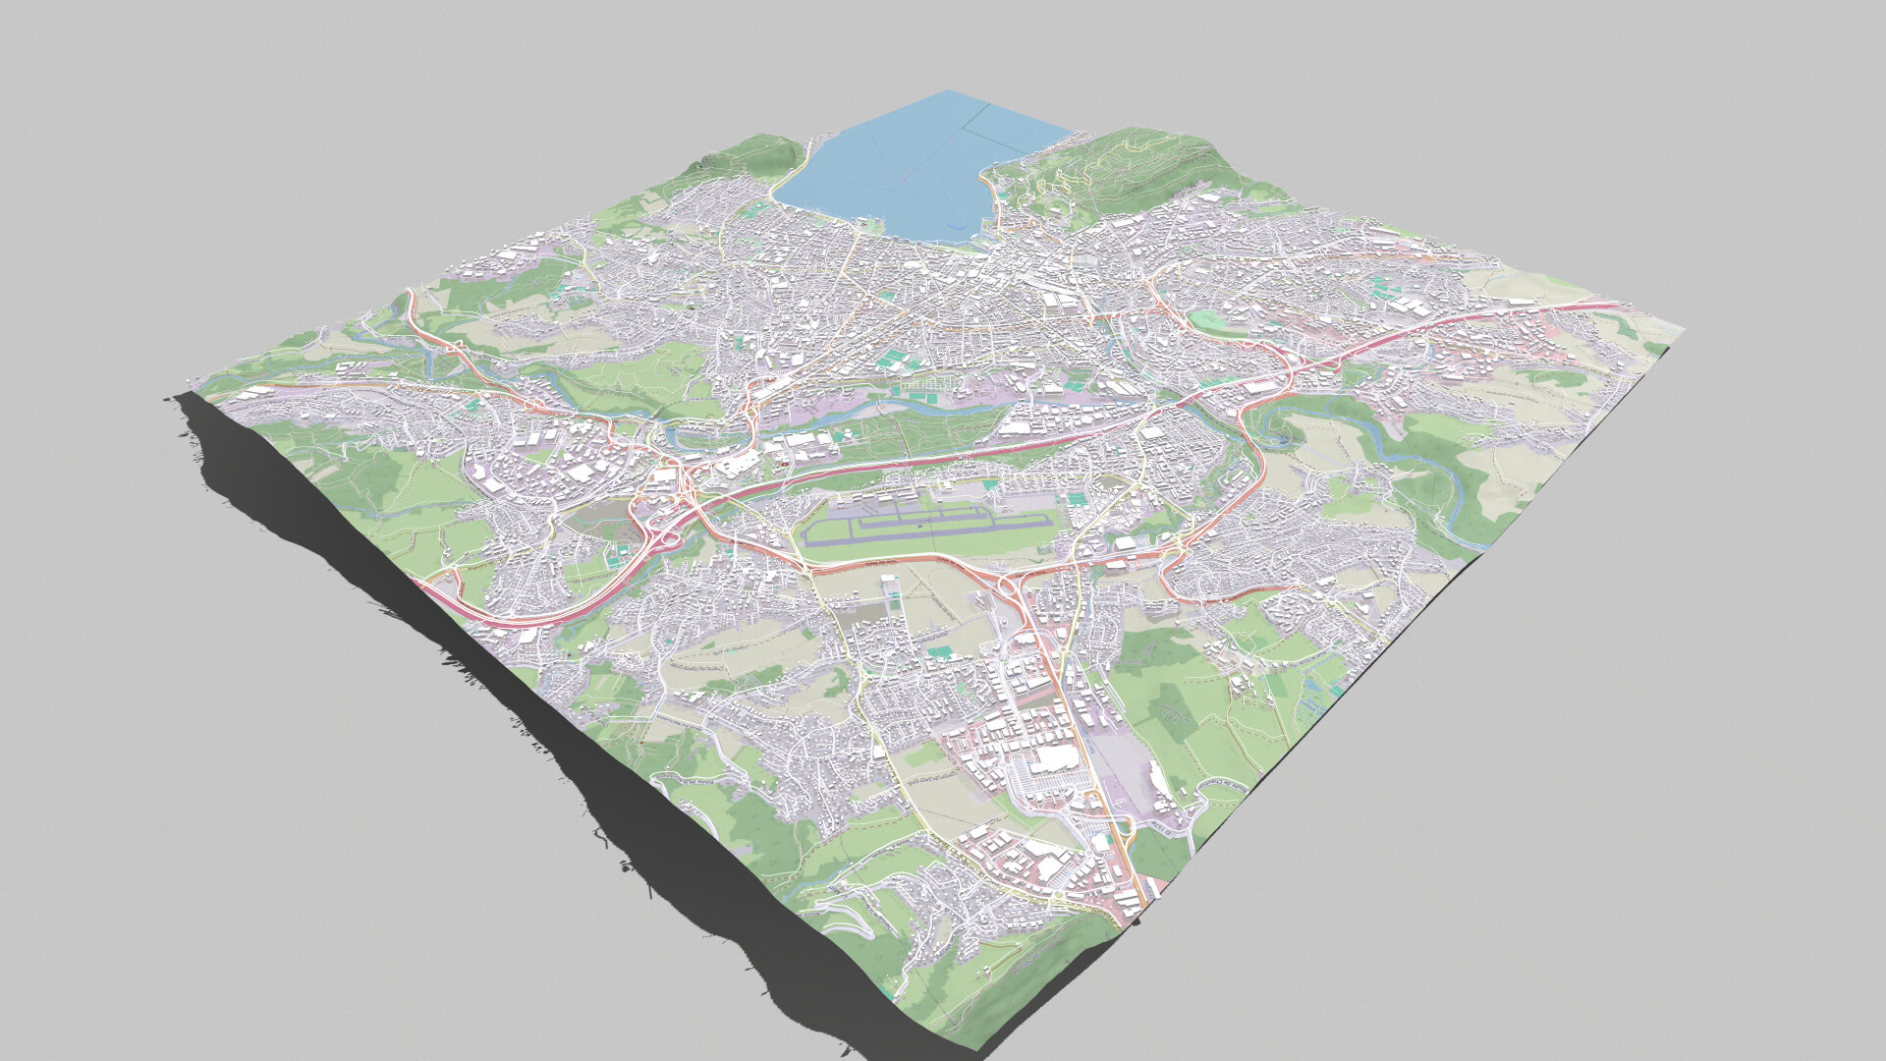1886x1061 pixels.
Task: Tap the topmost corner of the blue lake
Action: (949, 91)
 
